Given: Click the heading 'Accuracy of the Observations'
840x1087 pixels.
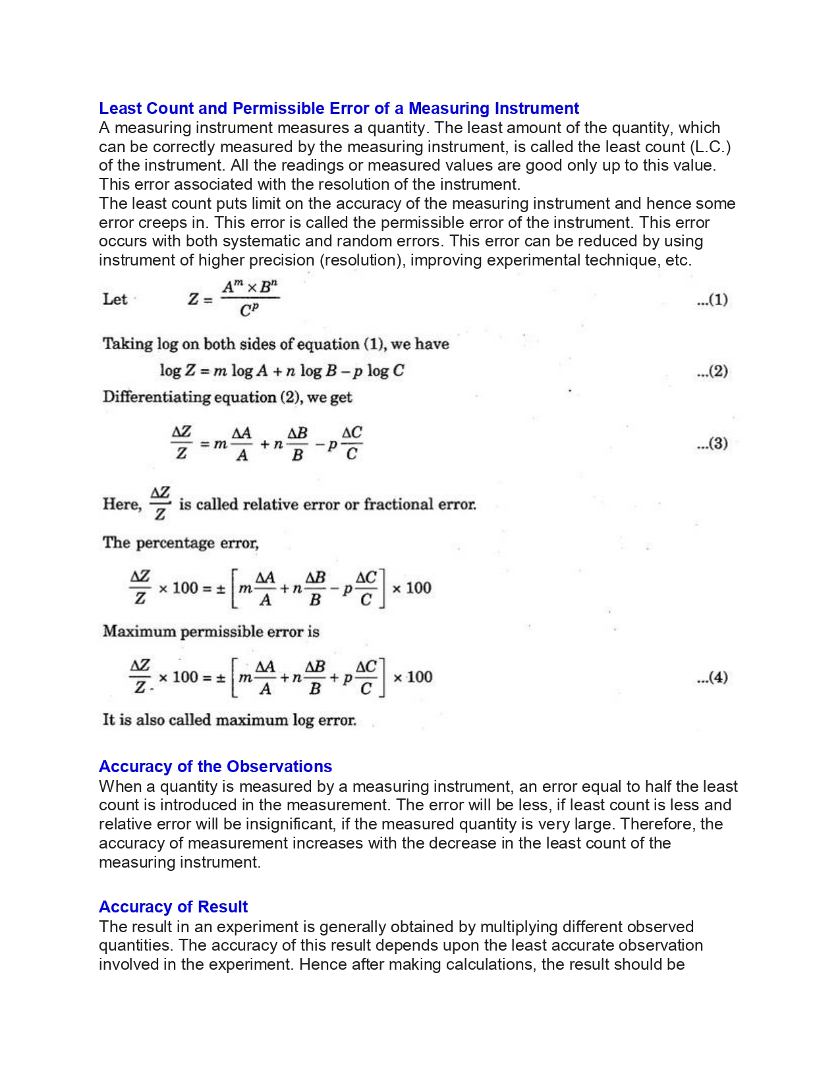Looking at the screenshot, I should point(215,766).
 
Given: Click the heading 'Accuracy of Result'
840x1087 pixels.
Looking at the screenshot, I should point(173,906).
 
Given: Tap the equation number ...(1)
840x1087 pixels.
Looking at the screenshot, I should point(712,300).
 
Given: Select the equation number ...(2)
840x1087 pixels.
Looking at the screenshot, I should point(712,371).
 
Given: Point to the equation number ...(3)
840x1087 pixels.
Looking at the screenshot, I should point(712,443).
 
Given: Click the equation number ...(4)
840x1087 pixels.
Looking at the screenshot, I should point(712,677).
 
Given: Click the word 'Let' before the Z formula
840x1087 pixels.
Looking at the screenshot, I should point(115,299).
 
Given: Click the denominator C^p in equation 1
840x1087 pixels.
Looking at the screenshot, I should point(249,310).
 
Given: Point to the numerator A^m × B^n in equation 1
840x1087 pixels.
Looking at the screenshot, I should point(250,287).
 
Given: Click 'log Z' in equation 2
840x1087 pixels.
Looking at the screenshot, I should point(177,371).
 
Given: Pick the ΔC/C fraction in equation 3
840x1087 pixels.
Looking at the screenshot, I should point(352,443).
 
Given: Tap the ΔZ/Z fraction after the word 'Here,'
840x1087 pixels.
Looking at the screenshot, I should point(160,503).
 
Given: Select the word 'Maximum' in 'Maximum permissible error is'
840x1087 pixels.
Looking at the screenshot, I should point(139,631).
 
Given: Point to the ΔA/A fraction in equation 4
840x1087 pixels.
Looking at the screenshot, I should point(265,678).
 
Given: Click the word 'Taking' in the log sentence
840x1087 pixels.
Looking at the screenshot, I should point(127,344).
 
